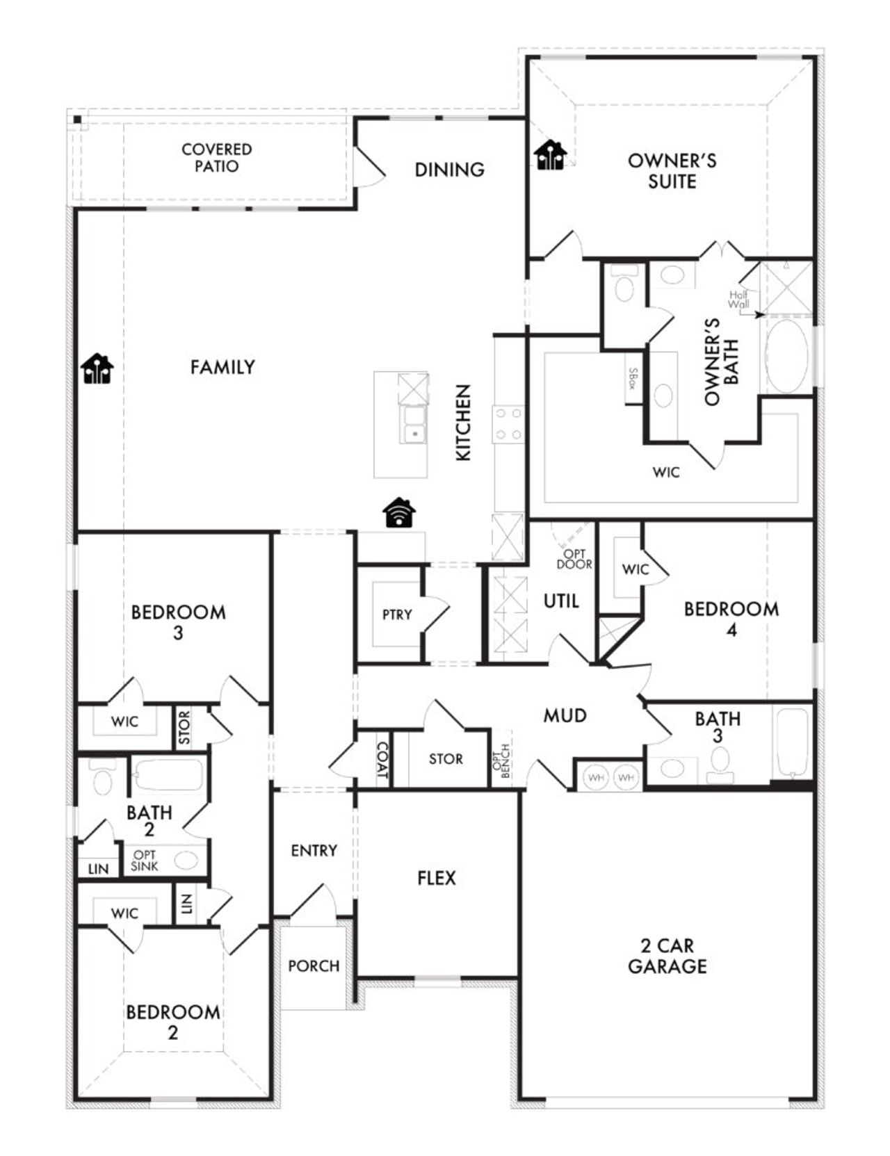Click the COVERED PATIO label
pyautogui.click(x=216, y=158)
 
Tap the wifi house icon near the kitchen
pyautogui.click(x=399, y=513)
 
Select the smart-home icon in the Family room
pyautogui.click(x=97, y=368)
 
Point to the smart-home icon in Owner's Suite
pyautogui.click(x=551, y=154)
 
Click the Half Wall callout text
pyautogui.click(x=738, y=300)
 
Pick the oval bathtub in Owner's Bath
pyautogui.click(x=787, y=356)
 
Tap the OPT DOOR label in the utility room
pyautogui.click(x=574, y=559)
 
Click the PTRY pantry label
pyautogui.click(x=397, y=614)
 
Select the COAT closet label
pyautogui.click(x=382, y=760)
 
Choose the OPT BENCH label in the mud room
pyautogui.click(x=505, y=761)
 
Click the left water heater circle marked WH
pyautogui.click(x=596, y=777)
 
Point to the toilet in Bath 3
pyautogui.click(x=720, y=762)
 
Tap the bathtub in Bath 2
pyautogui.click(x=169, y=774)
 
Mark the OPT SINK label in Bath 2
pyautogui.click(x=145, y=861)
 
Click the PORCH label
pyautogui.click(x=314, y=966)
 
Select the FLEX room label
pyautogui.click(x=437, y=878)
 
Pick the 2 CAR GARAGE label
pyautogui.click(x=667, y=955)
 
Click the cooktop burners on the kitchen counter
pyautogui.click(x=508, y=424)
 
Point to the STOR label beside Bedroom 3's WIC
pyautogui.click(x=184, y=727)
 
